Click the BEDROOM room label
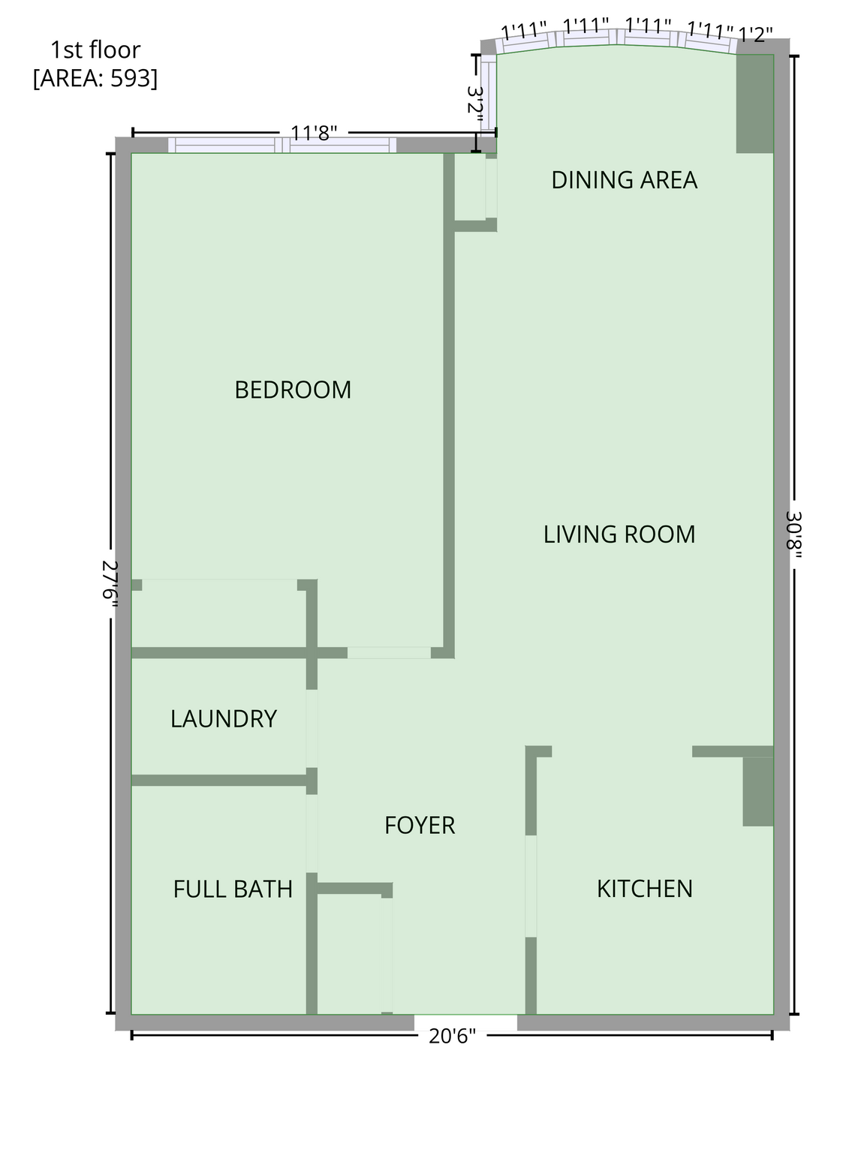coord(293,390)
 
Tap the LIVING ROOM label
coord(619,534)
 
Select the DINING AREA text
coord(624,180)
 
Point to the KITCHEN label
coord(645,889)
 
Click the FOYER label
coord(419,825)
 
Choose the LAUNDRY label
coord(223,718)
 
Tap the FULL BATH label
coord(233,890)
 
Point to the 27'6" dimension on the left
coord(110,583)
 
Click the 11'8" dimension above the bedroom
coord(314,133)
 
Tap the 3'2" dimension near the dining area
coord(474,104)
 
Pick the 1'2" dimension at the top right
coord(755,35)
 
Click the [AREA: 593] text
coord(95,78)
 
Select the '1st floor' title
coord(95,50)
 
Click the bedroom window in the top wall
coord(282,145)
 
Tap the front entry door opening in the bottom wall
coord(465,1022)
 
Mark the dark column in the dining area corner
coord(754,104)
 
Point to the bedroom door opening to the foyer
coord(390,652)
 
